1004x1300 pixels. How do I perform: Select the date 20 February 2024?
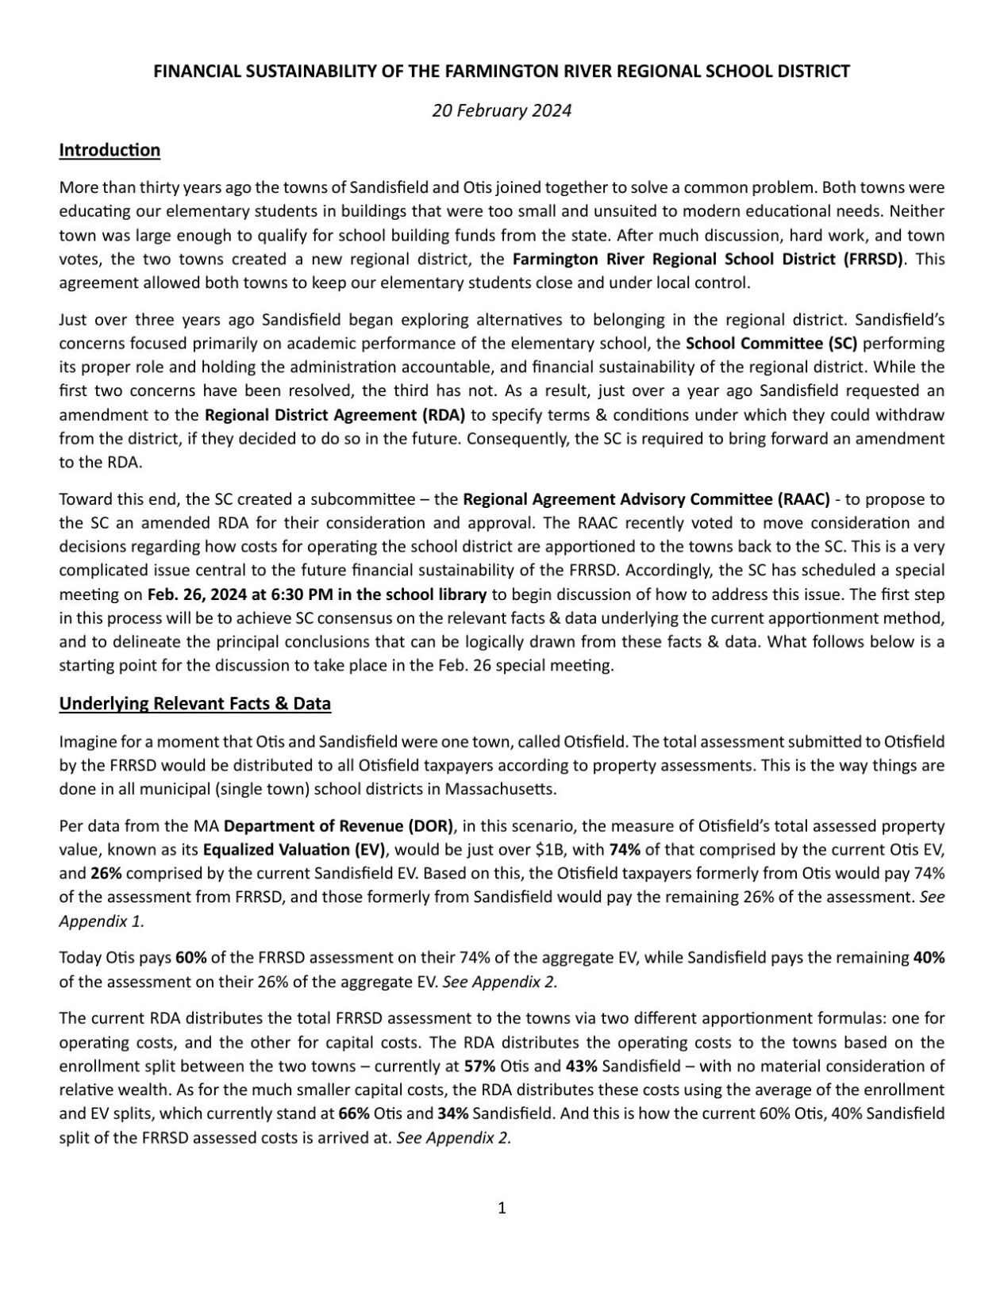[x=502, y=110]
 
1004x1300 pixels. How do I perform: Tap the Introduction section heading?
[x=110, y=150]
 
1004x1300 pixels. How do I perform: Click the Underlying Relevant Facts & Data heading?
[x=194, y=703]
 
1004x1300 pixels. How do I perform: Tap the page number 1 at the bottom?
[x=502, y=1208]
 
